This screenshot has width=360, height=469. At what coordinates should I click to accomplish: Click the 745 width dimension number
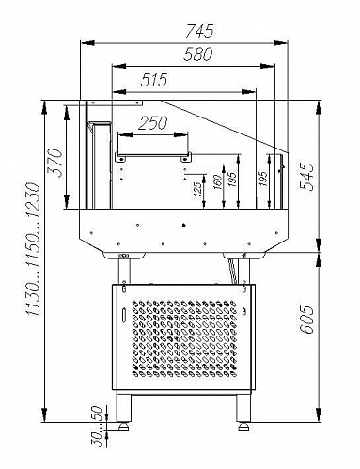(199, 31)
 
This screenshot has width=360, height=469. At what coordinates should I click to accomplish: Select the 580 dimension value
(198, 54)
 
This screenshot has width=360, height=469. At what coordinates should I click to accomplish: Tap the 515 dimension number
(154, 80)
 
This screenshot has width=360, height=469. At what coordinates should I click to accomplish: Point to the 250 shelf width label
(152, 123)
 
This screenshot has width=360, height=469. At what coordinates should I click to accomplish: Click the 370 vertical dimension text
(55, 163)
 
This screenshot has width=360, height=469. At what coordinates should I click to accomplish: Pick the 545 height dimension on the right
(306, 177)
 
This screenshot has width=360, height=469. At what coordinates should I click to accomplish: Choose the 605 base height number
(306, 320)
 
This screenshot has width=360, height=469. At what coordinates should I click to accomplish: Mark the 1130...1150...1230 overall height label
(34, 249)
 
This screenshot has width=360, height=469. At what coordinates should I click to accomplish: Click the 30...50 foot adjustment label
(98, 426)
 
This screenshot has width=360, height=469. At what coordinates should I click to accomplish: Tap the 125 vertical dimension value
(198, 189)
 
